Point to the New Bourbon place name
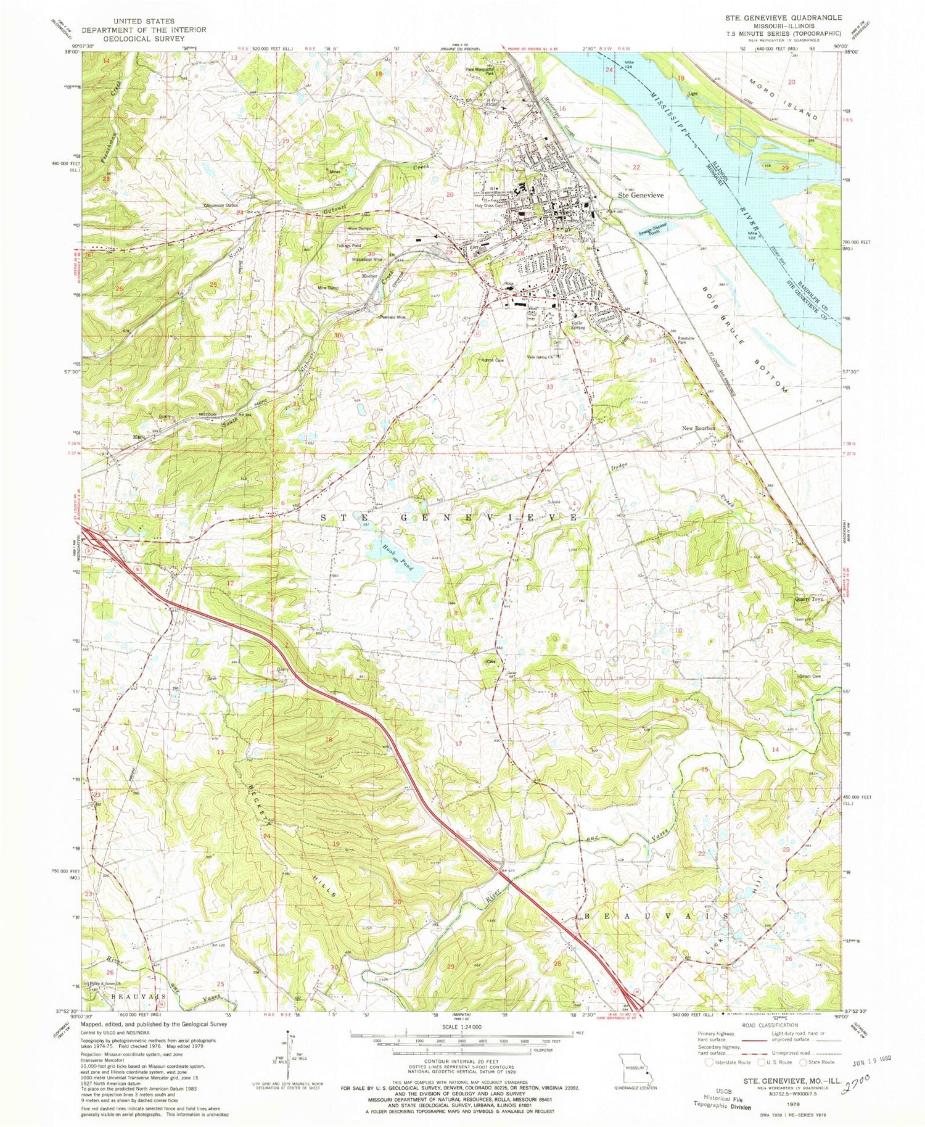pyautogui.click(x=698, y=428)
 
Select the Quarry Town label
pyautogui.click(x=808, y=599)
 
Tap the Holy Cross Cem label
pyautogui.click(x=490, y=206)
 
